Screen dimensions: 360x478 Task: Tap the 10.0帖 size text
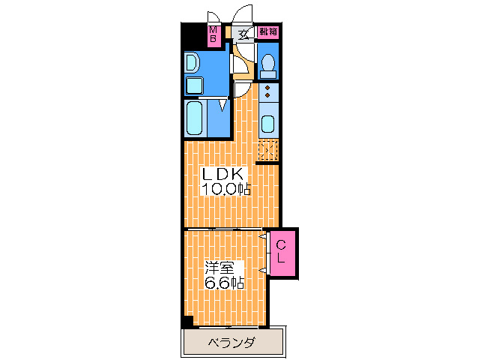pyautogui.click(x=225, y=189)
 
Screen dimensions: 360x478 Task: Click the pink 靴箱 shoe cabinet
pyautogui.click(x=267, y=31)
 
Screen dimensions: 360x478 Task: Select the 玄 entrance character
pyautogui.click(x=243, y=33)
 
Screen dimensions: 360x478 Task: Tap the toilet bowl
pyautogui.click(x=268, y=67)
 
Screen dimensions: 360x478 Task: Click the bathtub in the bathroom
pyautogui.click(x=195, y=117)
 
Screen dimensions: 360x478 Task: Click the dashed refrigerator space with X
pyautogui.click(x=268, y=150)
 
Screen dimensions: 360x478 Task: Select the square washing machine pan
pyautogui.click(x=194, y=85)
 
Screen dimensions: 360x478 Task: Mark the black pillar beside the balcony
pyautogui.click(x=187, y=322)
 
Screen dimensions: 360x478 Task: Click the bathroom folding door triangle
pyautogui.click(x=223, y=104)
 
